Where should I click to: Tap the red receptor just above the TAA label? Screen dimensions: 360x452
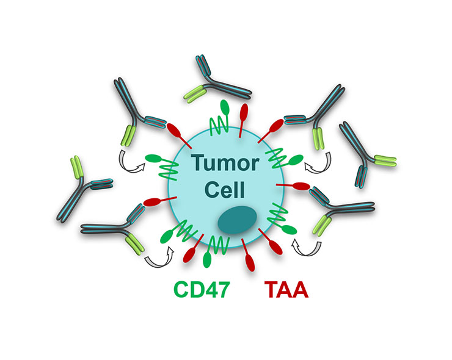251,256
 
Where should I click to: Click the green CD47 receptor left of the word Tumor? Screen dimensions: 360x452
160,167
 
